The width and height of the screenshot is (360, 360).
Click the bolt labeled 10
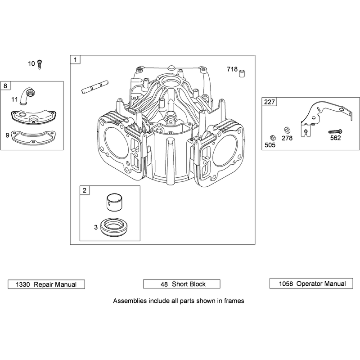(x=40, y=64)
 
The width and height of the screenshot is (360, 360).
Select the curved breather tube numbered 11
(x=25, y=98)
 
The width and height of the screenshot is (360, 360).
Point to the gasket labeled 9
(x=34, y=137)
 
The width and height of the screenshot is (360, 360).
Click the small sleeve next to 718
(x=242, y=73)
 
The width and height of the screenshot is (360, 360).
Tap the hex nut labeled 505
(x=273, y=138)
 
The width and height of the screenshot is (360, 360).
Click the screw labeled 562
(x=335, y=132)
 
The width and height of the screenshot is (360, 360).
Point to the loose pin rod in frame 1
(x=95, y=87)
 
